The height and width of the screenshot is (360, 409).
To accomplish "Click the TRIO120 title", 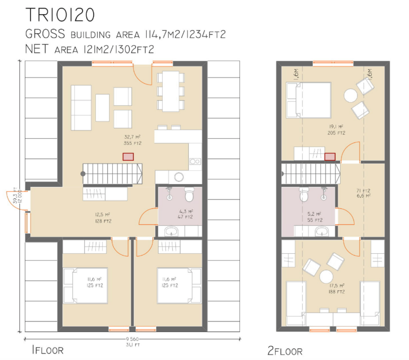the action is (60, 15).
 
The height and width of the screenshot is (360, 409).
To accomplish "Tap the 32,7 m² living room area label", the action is (132, 140).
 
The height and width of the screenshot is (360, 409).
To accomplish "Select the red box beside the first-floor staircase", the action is (128, 157).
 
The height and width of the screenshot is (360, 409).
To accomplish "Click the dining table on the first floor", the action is (171, 91).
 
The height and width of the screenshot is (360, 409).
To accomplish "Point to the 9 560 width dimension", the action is (132, 339).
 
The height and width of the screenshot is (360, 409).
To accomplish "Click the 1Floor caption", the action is (48, 350).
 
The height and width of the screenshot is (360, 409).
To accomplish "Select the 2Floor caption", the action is (285, 351).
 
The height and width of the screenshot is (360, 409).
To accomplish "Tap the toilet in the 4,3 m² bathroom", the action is (189, 194).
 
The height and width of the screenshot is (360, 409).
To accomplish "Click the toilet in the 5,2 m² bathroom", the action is (304, 194).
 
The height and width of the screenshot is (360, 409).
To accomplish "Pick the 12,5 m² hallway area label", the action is (103, 218).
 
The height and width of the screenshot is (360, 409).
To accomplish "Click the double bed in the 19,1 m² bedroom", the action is (308, 100).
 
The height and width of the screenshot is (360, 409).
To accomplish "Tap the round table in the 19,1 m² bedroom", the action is (350, 95).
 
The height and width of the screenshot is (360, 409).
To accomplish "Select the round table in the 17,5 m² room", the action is (326, 277).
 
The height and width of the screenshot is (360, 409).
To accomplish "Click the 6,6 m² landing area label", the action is (363, 193).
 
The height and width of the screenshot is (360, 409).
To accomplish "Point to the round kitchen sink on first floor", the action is (179, 177).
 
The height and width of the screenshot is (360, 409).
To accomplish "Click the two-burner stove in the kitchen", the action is (195, 161).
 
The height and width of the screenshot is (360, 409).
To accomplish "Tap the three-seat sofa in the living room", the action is (81, 108).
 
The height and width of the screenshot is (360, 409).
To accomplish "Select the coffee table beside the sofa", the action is (102, 108).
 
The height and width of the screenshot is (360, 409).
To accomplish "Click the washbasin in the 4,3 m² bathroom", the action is (171, 231).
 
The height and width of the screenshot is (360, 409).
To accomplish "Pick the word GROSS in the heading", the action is (45, 34).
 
